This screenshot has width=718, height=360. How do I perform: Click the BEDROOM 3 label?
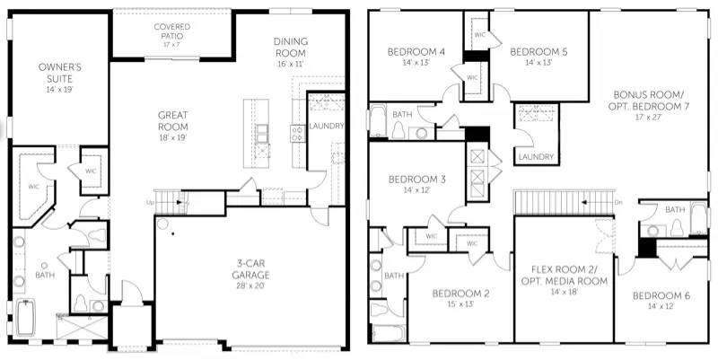coord(417,180)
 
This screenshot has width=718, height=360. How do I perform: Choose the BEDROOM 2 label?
coord(460,294)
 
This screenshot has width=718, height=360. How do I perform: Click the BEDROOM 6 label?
coord(661,296)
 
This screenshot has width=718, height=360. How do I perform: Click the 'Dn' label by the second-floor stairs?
coord(617,203)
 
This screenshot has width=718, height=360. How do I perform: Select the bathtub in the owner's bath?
coord(25,319)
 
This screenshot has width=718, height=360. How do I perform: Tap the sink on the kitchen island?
coord(261,133)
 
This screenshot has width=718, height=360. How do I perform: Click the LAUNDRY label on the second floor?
coord(535,158)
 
